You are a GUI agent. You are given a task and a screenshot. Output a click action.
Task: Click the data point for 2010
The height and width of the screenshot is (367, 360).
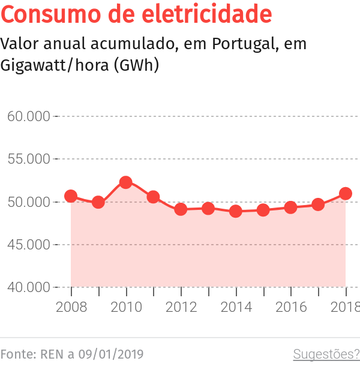coord(126,182)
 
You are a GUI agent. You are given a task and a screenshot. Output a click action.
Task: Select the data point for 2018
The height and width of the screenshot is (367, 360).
coord(346,194)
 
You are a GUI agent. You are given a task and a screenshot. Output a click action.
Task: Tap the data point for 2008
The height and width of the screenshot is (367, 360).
coord(71,196)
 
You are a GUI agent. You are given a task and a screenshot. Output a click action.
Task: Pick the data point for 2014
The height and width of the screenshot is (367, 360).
coord(236,211)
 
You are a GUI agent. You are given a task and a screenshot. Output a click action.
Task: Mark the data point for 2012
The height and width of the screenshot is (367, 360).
coord(181,209)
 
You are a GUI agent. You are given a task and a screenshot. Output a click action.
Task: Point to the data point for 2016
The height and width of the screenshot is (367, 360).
coord(290,207)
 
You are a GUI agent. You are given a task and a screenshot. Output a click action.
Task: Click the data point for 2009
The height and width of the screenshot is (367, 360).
coord(98,202)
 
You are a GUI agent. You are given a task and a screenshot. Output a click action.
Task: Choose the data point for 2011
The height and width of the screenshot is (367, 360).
coord(153,197)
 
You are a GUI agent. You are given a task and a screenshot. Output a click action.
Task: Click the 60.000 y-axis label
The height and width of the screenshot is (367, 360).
coord(28,116)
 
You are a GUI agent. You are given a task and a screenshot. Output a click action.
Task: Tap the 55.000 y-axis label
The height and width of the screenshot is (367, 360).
coord(28,159)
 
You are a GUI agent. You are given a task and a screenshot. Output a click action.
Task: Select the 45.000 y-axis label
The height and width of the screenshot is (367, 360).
coord(28,245)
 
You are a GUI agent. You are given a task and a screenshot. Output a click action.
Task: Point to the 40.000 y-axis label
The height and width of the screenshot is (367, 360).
coord(28,287)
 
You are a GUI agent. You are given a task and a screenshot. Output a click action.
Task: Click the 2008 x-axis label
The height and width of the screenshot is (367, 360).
coord(71,307)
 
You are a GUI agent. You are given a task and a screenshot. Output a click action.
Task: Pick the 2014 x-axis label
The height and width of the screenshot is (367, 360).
coord(236,307)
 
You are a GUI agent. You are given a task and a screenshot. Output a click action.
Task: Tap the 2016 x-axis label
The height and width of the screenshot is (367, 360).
coord(290,307)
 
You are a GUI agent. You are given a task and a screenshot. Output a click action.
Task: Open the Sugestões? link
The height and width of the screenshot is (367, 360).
coord(326,354)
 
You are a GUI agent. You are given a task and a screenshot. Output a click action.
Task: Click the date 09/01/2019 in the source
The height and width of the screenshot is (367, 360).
coord(114,354)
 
